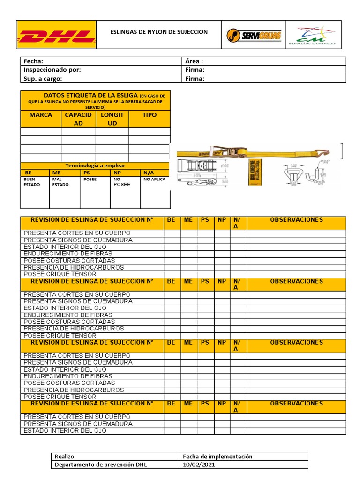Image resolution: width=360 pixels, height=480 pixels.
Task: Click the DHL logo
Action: click(56, 35)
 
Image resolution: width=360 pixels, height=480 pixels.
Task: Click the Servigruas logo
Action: click(254, 35)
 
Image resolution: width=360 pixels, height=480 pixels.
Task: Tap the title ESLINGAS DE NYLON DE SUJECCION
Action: click(158, 32)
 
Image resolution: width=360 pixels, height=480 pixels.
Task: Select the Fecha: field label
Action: click(33, 61)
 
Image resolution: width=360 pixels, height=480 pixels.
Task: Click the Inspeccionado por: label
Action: click(52, 70)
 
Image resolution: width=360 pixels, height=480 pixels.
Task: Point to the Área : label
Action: click(194, 61)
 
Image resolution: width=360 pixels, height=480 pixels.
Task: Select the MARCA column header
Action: click(41, 115)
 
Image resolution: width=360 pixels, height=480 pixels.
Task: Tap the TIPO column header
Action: click(150, 115)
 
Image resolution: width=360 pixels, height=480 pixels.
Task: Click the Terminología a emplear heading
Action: click(95, 165)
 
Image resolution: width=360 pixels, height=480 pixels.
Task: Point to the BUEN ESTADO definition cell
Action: click(32, 182)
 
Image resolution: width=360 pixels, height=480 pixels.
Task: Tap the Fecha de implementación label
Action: click(217, 457)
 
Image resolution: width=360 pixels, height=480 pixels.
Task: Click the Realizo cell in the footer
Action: click(65, 457)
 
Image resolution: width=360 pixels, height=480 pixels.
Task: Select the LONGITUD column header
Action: click(112, 119)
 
